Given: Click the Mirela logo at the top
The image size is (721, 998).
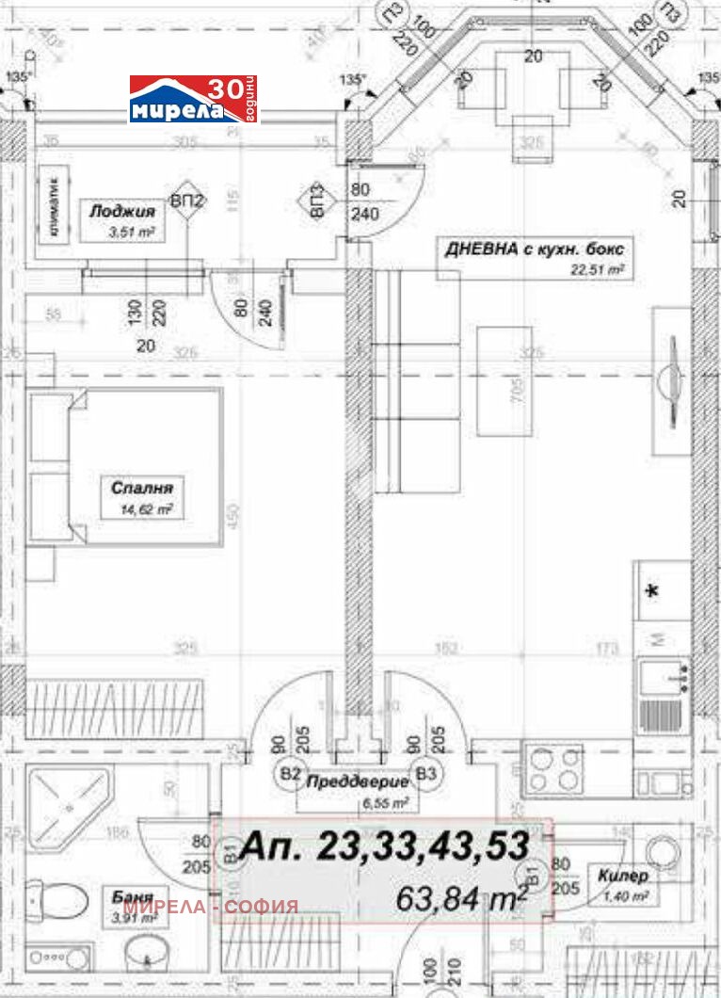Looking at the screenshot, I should coord(193,100).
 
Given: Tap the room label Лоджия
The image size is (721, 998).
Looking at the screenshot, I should coord(111,213).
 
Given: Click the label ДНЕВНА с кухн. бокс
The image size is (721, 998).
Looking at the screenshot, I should coord(535,249).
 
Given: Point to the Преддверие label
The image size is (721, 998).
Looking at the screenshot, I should coord(357,781).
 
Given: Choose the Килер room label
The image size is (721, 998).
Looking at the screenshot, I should coord(623,876).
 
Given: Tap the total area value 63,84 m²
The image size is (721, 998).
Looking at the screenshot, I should coord(461,898).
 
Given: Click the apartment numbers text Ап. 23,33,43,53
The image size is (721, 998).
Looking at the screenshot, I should coord(384,846).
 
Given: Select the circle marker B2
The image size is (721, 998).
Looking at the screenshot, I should coord(291,774).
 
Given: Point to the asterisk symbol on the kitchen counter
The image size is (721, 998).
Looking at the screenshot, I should coord(650,592).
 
